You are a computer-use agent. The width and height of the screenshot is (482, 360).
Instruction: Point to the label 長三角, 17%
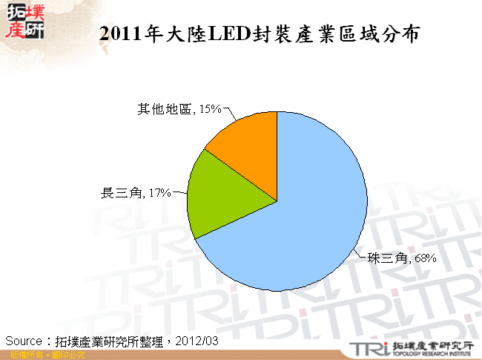[x=136, y=193]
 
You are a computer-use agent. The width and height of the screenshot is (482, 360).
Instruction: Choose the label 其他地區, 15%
[x=179, y=109]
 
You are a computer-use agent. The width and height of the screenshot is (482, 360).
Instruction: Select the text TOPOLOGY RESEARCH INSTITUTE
[x=431, y=354]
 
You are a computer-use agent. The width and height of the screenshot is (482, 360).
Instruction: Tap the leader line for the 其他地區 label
[x=229, y=114]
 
